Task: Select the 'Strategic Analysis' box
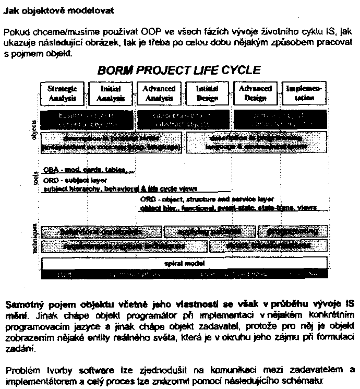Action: (x=62, y=93)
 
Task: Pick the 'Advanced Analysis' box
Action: (x=159, y=93)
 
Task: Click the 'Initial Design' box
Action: (x=207, y=93)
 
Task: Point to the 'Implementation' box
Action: (x=304, y=93)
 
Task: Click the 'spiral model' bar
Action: (x=184, y=263)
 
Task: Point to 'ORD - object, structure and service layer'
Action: (x=207, y=199)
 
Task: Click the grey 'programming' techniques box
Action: (x=296, y=231)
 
